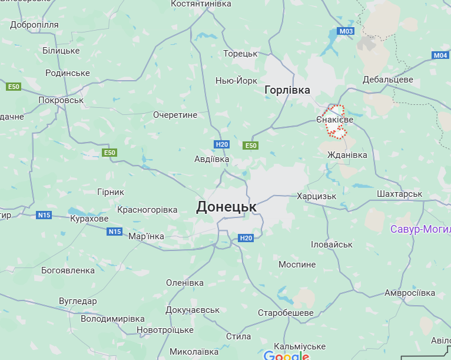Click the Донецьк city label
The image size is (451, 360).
(227, 207)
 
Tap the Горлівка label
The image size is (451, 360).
(287, 90)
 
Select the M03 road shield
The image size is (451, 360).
(346, 31)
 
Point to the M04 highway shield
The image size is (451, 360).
(440, 55)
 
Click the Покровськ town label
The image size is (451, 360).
(61, 100)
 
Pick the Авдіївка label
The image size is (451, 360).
(211, 159)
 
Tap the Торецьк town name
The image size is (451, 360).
(241, 54)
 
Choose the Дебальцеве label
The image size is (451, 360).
(388, 80)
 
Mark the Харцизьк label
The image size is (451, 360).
(317, 196)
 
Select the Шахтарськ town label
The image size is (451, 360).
(400, 193)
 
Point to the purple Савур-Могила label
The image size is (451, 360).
(420, 229)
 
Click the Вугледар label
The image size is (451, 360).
(78, 301)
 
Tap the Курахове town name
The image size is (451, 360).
(89, 219)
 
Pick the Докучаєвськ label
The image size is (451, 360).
(193, 310)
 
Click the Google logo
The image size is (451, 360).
(286, 355)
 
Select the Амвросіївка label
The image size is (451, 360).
(410, 293)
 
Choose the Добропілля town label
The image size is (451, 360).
(34, 25)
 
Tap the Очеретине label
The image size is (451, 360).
(175, 114)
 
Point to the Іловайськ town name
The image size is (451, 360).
(331, 244)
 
